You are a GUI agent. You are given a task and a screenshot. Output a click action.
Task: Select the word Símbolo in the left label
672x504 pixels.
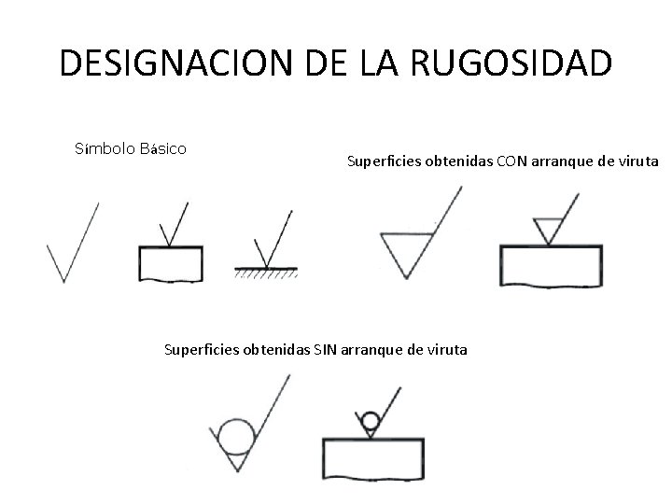103,148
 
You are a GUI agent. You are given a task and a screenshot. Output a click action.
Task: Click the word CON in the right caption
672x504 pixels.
511,161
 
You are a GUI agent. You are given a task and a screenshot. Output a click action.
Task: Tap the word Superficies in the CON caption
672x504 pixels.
384,161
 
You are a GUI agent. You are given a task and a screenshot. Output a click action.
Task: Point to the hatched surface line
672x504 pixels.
266,272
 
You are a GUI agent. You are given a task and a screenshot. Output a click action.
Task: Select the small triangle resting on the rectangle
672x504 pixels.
547,227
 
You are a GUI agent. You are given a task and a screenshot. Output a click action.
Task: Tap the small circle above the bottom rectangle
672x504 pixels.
371,423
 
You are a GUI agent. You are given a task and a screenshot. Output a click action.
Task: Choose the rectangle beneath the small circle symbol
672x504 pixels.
372,456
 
